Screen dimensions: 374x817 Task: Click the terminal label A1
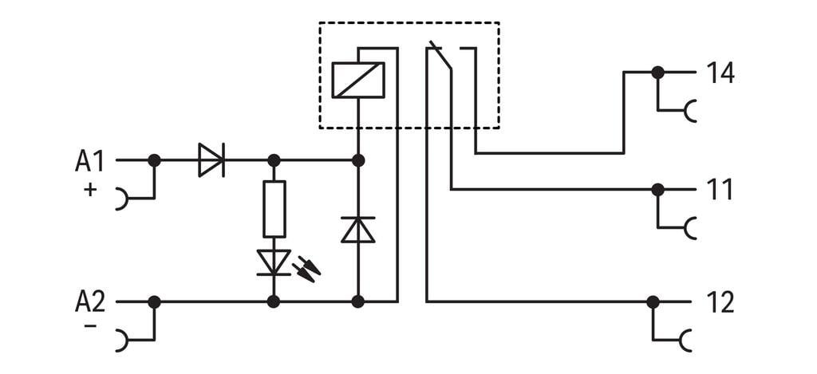point(89,161)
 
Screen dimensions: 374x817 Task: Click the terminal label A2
point(89,302)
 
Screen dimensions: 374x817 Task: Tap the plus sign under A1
point(90,190)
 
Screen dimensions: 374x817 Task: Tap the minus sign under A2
point(90,326)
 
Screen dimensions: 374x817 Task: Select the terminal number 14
point(720,73)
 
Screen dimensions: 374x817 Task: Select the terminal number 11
point(720,191)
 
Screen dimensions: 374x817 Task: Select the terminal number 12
point(720,303)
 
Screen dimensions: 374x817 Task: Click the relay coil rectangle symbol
point(357,80)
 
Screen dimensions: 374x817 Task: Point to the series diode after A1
point(211,160)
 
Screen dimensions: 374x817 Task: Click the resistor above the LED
point(274,209)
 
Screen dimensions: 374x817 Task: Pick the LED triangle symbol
point(274,262)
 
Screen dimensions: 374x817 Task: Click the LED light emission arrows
point(306,268)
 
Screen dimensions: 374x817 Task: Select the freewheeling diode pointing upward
point(357,230)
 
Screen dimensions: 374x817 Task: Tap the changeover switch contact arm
point(440,57)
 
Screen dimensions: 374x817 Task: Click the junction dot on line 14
point(657,73)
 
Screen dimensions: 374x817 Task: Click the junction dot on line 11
point(657,190)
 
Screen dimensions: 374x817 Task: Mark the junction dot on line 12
point(653,302)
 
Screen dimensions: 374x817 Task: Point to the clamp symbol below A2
point(121,341)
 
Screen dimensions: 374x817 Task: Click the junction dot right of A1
point(154,160)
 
